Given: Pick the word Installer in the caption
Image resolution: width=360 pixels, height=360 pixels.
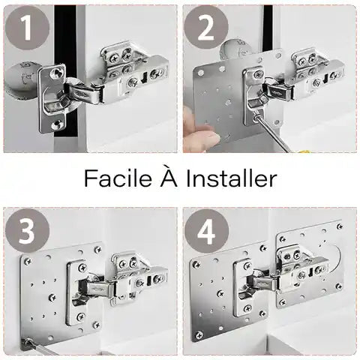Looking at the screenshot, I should [231, 178].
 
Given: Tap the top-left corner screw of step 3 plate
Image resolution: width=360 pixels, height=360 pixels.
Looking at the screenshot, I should [27, 260].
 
